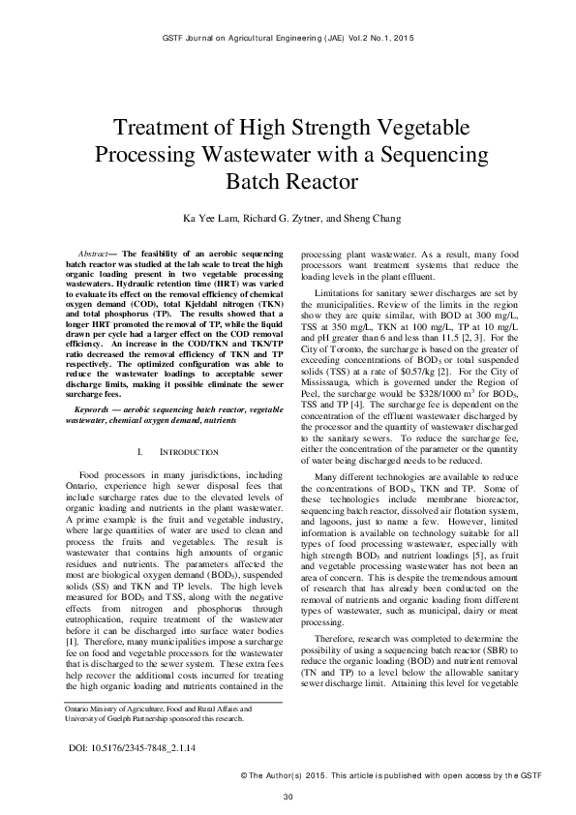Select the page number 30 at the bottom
288,797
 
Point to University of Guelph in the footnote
104,719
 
